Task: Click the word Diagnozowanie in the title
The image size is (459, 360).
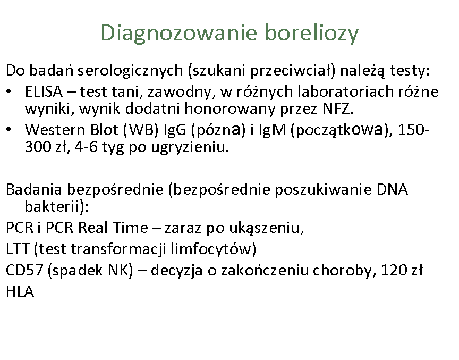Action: click(x=178, y=34)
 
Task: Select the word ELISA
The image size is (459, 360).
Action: click(x=44, y=91)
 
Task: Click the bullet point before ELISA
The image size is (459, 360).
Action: click(x=9, y=91)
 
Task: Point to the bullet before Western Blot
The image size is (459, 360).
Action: click(x=9, y=129)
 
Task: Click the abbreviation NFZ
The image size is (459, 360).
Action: click(x=337, y=109)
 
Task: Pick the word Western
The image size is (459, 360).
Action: click(x=55, y=130)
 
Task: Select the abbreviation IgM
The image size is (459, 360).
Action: click(x=272, y=130)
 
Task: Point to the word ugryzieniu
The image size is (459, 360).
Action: click(x=190, y=147)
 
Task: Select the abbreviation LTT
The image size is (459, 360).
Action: click(x=18, y=249)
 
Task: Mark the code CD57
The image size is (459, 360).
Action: click(x=24, y=270)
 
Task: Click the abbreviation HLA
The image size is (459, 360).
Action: click(x=20, y=292)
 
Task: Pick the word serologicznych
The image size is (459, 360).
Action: click(x=130, y=71)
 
